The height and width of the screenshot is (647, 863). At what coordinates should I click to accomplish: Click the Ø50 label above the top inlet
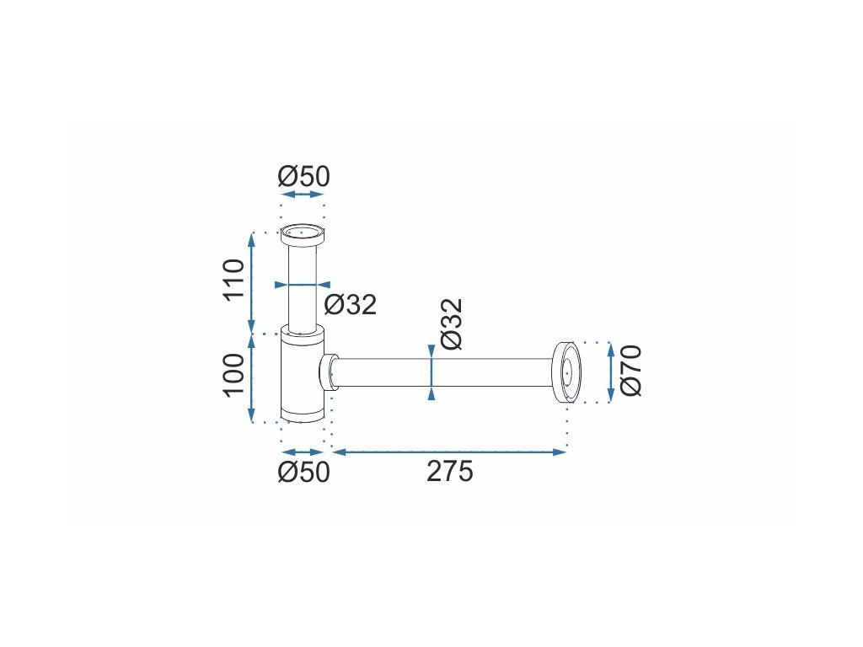tap(303, 177)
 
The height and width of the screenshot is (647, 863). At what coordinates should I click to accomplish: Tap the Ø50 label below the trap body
tap(303, 472)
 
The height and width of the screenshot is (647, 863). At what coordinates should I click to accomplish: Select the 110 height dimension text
tap(233, 278)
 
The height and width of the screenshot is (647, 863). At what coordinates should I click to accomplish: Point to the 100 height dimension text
tap(233, 374)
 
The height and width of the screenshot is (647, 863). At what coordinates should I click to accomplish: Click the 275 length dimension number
tap(450, 472)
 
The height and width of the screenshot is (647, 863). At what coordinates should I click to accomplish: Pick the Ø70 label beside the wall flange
tap(630, 371)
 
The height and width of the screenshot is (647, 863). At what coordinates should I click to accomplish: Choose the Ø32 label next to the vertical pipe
tap(350, 304)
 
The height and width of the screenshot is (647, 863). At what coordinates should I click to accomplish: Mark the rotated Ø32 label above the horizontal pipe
tap(452, 324)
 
